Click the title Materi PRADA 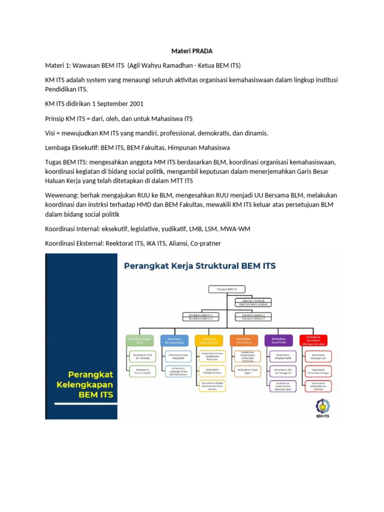click(191, 51)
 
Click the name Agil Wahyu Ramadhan click(163, 65)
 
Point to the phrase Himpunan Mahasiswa click(197, 148)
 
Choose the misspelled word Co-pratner click(203, 243)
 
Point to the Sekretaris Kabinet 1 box click(250, 315)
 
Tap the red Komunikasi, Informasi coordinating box click(313, 340)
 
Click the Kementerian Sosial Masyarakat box click(174, 356)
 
